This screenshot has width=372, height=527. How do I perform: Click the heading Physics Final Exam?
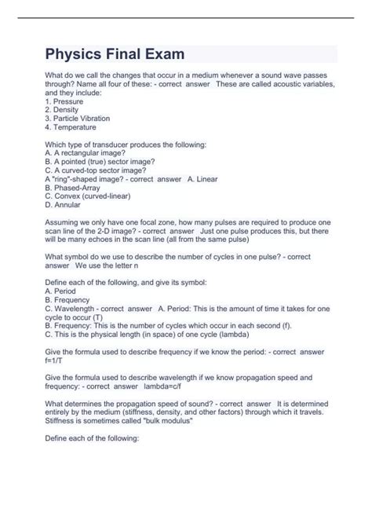click(116, 55)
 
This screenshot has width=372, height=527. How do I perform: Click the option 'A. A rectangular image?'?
click(89, 153)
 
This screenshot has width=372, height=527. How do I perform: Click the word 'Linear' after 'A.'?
click(206, 179)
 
